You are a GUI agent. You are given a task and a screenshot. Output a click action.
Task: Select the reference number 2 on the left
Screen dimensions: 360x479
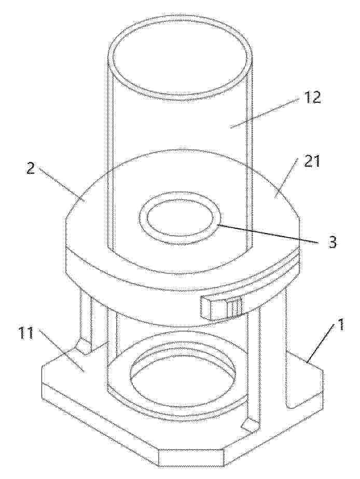click(31, 169)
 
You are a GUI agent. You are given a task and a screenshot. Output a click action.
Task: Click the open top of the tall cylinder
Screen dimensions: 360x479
click(183, 62)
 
